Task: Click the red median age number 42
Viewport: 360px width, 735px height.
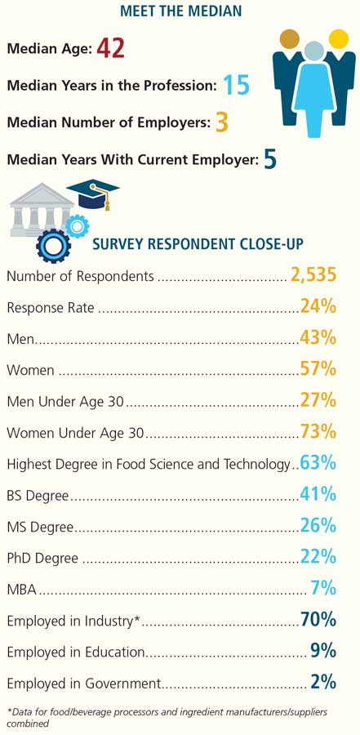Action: [111, 49]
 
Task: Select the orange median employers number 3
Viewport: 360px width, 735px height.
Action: [222, 122]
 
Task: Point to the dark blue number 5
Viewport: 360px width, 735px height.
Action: [270, 159]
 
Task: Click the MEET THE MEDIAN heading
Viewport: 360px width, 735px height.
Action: [180, 11]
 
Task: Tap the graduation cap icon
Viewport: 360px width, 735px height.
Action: [93, 194]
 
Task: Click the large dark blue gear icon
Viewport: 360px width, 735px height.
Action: [53, 245]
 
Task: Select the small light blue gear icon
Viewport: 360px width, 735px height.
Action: [76, 227]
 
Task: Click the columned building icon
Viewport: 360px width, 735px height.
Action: [42, 210]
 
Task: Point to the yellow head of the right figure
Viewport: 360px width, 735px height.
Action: [339, 39]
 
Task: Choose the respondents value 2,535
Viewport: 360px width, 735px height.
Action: [313, 275]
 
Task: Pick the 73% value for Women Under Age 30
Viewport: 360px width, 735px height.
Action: [318, 431]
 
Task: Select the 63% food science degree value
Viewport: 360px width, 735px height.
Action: [318, 463]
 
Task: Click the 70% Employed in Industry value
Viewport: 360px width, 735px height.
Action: [318, 620]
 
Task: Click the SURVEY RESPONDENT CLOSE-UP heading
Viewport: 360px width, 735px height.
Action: [198, 244]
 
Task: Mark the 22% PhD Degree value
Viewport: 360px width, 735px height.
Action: [318, 557]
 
